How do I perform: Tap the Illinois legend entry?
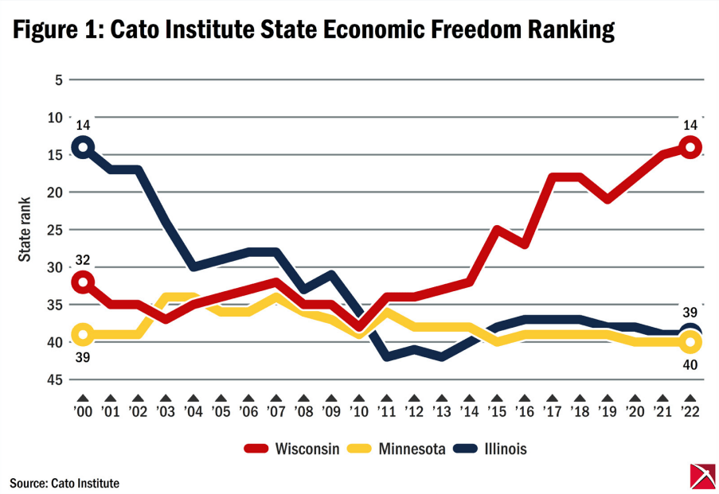coord(503,449)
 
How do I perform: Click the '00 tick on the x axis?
coord(83,413)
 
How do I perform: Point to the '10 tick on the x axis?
coord(358,413)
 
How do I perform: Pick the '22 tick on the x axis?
coord(690,413)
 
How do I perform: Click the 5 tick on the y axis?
coord(57,80)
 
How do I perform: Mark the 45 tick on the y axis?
coord(54,379)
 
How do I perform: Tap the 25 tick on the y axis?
coord(54,230)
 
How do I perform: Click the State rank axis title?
coord(26,229)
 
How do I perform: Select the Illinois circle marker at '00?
coord(83,147)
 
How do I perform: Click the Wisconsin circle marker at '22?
coord(690,147)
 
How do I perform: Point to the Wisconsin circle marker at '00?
coord(83,282)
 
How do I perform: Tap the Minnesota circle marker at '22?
coord(690,342)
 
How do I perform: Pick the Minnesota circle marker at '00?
coord(83,334)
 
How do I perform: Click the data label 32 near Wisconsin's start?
coord(83,259)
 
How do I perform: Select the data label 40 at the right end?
coord(690,364)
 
